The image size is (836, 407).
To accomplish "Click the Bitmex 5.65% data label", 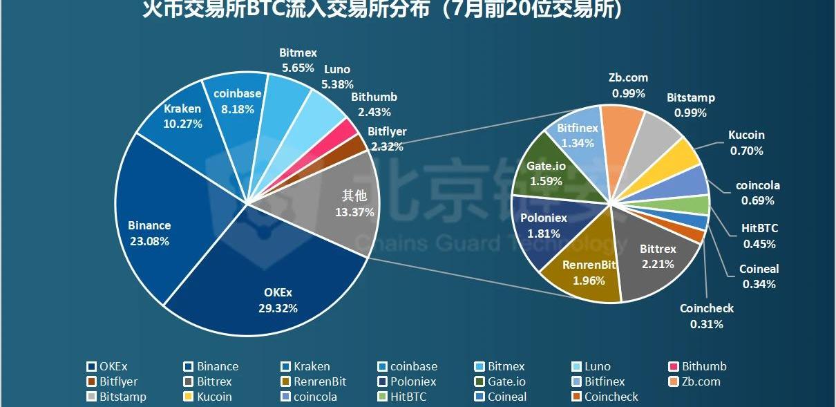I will tap(298, 60).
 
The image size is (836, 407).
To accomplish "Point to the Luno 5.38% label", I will tap(337, 77).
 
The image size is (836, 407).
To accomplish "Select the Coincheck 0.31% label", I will tap(706, 316).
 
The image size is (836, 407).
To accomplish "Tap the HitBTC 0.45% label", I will tap(759, 236).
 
